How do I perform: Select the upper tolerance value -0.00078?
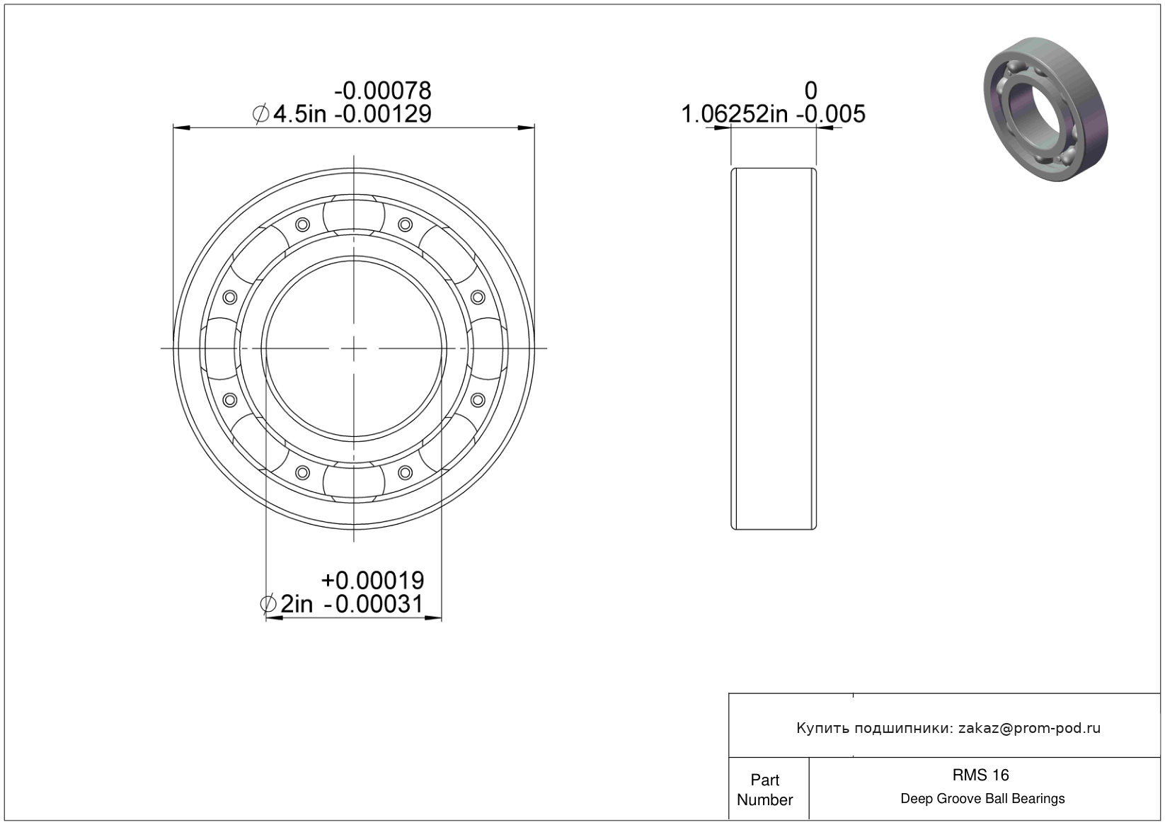point(383,91)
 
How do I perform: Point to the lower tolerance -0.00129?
point(383,114)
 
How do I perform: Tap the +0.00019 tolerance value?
point(372,580)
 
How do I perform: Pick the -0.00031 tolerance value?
point(374,604)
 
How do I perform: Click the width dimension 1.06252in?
point(735,114)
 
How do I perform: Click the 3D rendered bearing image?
point(1045,109)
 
